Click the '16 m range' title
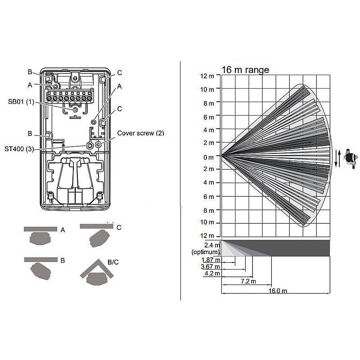coord(245,70)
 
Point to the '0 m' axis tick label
coord(208,157)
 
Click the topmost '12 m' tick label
coord(207,76)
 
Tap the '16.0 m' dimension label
coord(278,291)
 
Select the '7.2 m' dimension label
coord(245,281)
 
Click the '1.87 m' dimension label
coord(211,260)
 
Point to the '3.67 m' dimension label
coord(211,267)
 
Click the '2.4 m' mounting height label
coord(212,245)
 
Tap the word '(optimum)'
coord(206,252)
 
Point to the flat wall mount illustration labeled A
coord(41,234)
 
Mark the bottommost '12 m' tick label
coord(207,236)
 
